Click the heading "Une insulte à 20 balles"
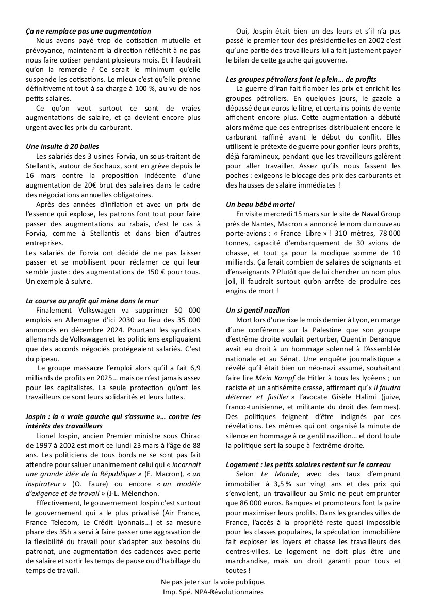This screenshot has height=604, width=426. [62, 146]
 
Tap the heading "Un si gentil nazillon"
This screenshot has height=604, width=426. [258, 311]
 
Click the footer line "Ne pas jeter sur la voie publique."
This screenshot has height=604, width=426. [212, 582]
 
